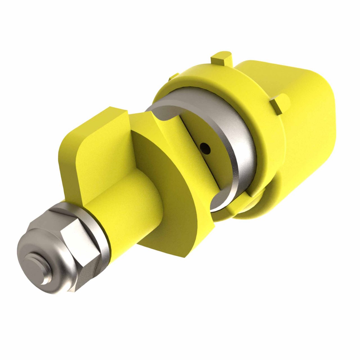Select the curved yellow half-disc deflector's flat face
pyautogui.click(x=169, y=194)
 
